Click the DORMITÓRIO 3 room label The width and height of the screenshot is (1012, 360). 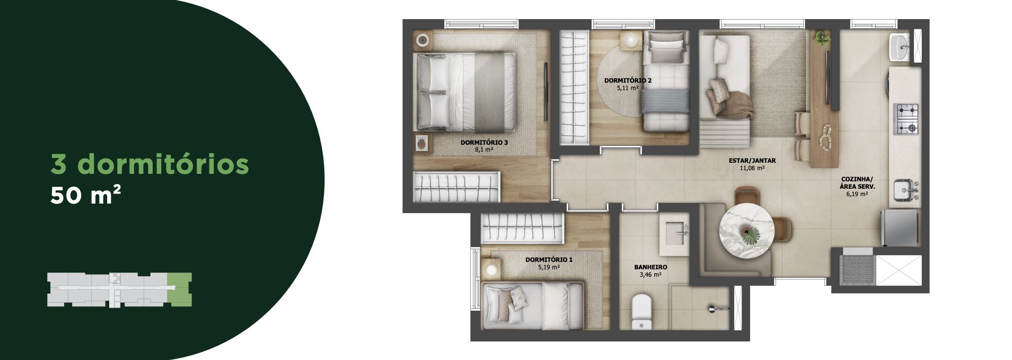pos(484,143)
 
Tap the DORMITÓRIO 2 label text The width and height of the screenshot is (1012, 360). pos(628,81)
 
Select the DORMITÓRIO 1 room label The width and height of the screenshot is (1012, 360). pos(549,260)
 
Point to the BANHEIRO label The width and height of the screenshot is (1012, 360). pos(650,267)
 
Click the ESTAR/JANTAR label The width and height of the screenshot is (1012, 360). pos(752,161)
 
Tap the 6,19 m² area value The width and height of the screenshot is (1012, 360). pos(857,194)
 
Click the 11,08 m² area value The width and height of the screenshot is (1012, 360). pos(752,168)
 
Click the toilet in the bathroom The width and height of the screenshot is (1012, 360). pos(641,311)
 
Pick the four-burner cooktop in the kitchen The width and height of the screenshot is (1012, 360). pos(907,119)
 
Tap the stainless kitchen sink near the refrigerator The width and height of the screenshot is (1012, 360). pos(905,190)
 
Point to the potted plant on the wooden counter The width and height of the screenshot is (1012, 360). pos(822,37)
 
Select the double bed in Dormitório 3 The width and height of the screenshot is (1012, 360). pos(464,92)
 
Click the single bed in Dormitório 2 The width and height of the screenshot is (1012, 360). pos(666,81)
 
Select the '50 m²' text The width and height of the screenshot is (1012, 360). pos(86,195)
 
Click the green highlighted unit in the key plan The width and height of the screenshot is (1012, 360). pos(180,289)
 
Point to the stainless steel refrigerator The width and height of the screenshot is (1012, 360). pos(900,227)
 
